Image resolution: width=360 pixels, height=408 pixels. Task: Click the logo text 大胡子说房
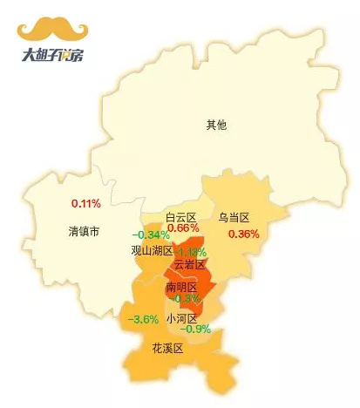53,55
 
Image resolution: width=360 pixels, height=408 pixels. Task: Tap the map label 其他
216,125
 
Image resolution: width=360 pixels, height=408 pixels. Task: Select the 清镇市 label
85,232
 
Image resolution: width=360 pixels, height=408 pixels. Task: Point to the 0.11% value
85,204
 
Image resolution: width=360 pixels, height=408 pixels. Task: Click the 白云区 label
181,216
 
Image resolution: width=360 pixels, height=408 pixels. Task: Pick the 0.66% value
183,228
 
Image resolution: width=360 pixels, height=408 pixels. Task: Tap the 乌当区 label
234,216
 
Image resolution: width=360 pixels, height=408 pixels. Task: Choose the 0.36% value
243,235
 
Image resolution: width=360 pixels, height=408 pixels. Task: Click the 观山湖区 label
152,250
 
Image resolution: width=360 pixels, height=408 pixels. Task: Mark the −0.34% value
151,235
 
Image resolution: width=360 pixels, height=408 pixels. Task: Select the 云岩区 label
189,264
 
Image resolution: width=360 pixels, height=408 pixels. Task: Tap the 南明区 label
181,286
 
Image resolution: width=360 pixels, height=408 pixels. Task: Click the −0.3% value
186,298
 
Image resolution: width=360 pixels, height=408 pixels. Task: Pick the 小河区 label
182,318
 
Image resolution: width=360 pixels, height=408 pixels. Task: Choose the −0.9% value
197,330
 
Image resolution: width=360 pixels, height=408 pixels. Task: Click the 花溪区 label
167,348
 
